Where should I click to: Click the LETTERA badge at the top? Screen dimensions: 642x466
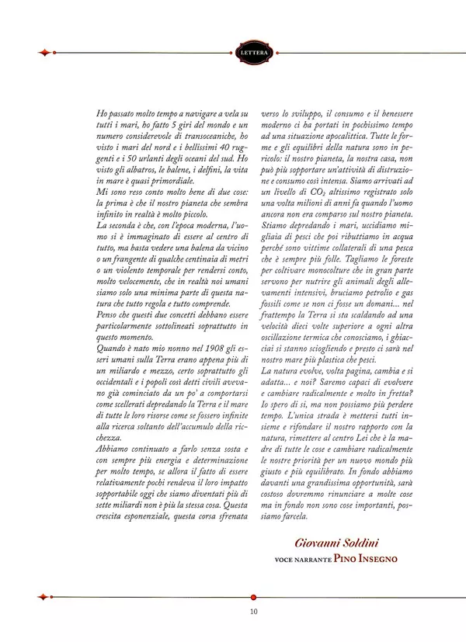pyautogui.click(x=254, y=53)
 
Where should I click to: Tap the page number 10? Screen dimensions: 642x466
pyautogui.click(x=254, y=611)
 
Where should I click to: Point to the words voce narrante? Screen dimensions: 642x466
pyautogui.click(x=303, y=558)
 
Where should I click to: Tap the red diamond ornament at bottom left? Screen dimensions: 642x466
pyautogui.click(x=44, y=596)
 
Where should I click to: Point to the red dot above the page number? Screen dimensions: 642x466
pyautogui.click(x=254, y=596)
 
